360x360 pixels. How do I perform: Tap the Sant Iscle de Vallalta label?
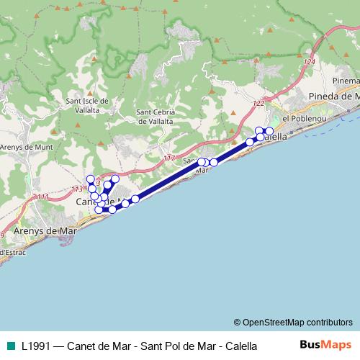click(86, 105)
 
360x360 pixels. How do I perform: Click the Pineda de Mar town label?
click(333, 96)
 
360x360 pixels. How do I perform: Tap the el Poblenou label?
click(305, 118)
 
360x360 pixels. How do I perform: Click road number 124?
click(310, 63)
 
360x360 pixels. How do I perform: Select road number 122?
click(258, 105)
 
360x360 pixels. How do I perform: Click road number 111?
click(42, 197)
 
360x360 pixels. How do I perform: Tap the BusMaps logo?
click(325, 345)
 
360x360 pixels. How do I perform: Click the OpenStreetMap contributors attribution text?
click(293, 322)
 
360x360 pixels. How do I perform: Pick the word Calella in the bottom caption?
click(240, 346)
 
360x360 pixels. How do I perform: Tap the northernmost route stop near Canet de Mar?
click(90, 179)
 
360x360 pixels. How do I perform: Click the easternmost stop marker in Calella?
click(269, 131)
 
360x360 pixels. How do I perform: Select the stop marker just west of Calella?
click(250, 142)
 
